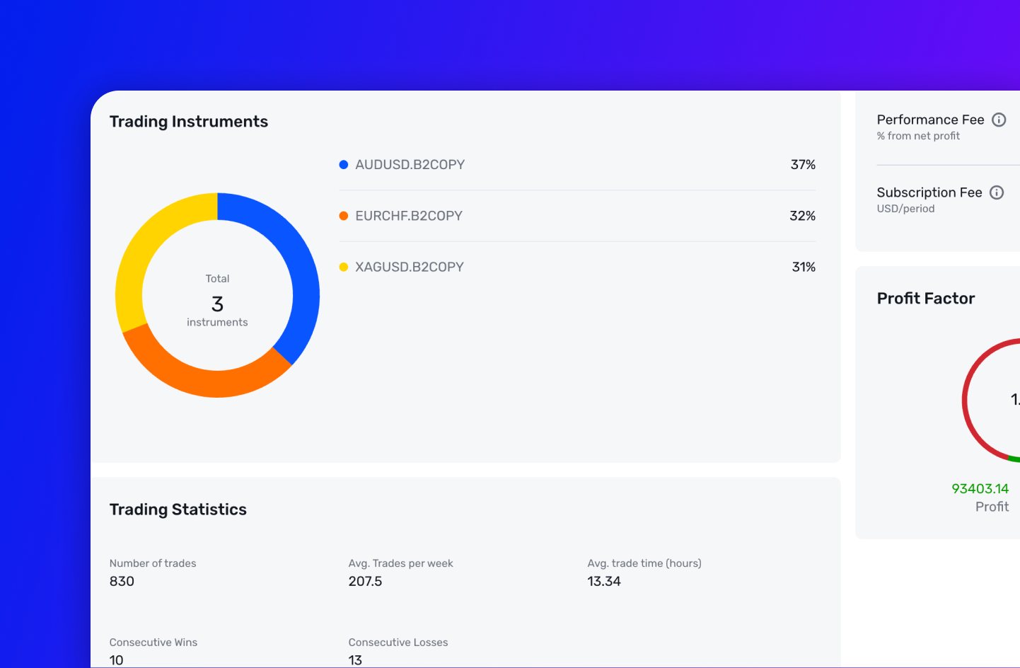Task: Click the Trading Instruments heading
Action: [188, 122]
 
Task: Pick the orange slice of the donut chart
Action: [205, 383]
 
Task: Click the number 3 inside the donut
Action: [217, 304]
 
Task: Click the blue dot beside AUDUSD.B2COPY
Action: [344, 165]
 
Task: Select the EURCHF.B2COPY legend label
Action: [408, 216]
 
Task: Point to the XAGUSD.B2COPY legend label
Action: [409, 267]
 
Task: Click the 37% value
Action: [803, 165]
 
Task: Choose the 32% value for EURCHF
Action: [802, 216]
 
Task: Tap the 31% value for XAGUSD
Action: [804, 267]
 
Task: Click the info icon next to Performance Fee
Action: [999, 120]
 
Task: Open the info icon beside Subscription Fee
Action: [997, 192]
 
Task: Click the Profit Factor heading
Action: [925, 299]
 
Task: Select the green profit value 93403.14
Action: [980, 489]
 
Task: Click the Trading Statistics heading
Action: [178, 509]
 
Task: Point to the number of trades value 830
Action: [122, 582]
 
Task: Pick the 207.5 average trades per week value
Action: [365, 582]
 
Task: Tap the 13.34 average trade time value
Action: [603, 582]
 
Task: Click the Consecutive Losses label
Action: [398, 643]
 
